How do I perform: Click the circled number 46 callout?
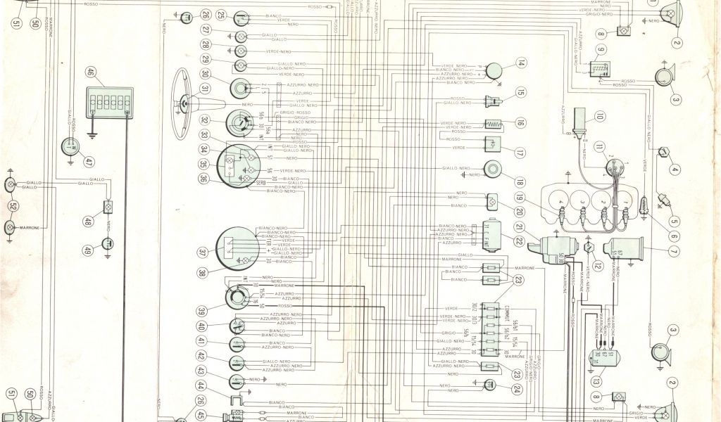click(x=91, y=72)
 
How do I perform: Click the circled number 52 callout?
click(x=13, y=206)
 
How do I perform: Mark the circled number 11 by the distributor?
click(x=599, y=146)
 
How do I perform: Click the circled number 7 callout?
click(x=673, y=252)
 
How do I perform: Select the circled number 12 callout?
click(x=597, y=265)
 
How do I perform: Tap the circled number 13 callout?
click(x=596, y=382)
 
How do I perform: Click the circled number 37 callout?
click(x=203, y=252)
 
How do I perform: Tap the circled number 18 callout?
click(x=520, y=181)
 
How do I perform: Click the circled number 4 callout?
click(x=674, y=169)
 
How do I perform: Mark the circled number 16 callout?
click(x=520, y=122)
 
